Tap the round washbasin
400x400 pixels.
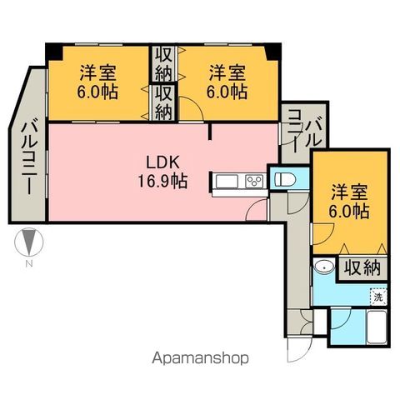(325, 267)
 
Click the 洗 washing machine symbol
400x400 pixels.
(378, 296)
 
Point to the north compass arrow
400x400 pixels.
(28, 243)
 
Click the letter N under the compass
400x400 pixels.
(28, 264)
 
